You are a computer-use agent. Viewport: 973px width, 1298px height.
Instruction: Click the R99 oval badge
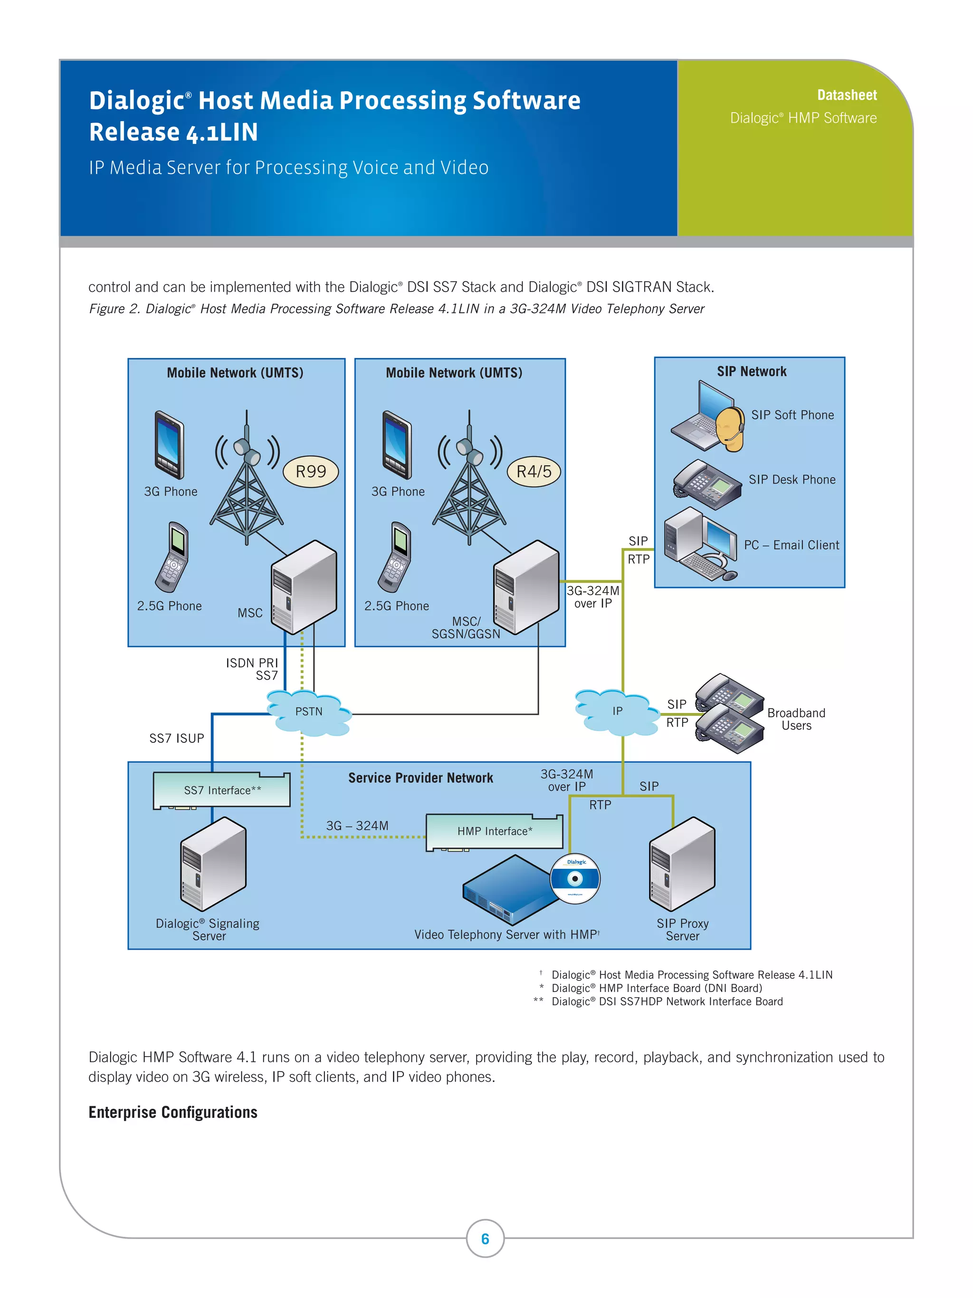tap(310, 471)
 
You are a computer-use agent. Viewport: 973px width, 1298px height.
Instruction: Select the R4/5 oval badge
tap(534, 471)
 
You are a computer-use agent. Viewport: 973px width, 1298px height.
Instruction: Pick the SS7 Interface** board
tap(222, 790)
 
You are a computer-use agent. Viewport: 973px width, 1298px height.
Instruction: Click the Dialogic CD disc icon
tap(575, 878)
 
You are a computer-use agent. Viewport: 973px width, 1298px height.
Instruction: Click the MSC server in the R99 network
tap(304, 587)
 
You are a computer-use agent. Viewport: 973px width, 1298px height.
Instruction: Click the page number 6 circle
tap(485, 1238)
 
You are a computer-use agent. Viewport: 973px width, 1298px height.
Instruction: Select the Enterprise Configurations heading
tap(172, 1113)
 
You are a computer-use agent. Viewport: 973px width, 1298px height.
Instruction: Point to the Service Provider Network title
tap(420, 778)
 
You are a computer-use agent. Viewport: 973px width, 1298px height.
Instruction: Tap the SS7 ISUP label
tap(177, 738)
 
